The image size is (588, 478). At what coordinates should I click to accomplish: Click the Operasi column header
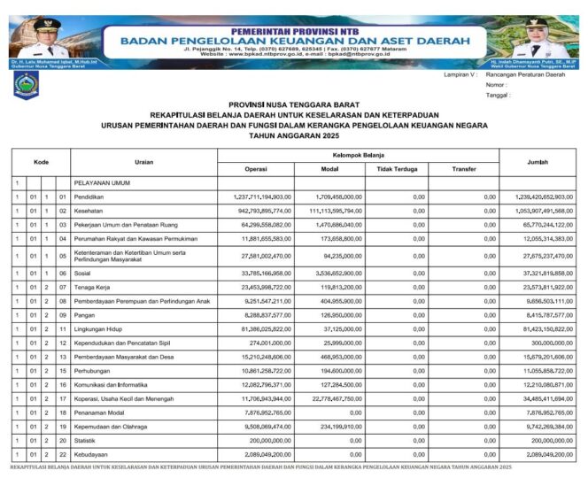pyautogui.click(x=256, y=168)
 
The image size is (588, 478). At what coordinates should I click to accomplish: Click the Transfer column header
pyautogui.click(x=463, y=168)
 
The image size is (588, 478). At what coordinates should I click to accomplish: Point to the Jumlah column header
pyautogui.click(x=537, y=161)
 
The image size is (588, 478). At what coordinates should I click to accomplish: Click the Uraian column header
pyautogui.click(x=143, y=161)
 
